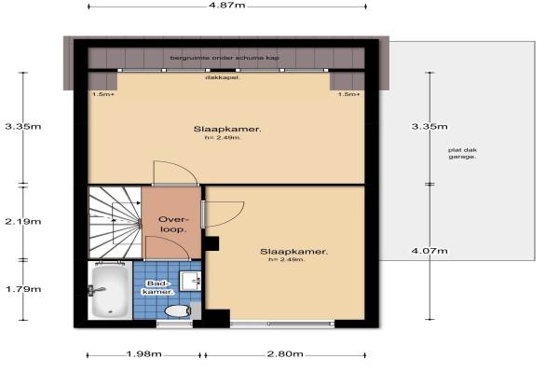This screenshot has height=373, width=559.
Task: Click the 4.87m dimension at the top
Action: pos(227,6)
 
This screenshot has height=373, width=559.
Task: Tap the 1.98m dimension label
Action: pos(144,354)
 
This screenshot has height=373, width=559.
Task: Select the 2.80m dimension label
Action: pos(285,354)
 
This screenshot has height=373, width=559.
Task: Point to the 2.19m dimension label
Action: pos(23,221)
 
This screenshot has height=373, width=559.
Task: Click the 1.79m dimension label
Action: pos(23,289)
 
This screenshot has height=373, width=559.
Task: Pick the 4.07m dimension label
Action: pos(429,251)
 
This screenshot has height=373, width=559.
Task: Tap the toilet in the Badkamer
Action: pos(178,311)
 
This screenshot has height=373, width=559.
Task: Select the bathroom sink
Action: pos(190,281)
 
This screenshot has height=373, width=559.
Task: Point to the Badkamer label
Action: pos(158,287)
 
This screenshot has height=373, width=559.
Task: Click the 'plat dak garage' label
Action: pos(462,153)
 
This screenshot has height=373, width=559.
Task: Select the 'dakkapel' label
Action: pos(222,77)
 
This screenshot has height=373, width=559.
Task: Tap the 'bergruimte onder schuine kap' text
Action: pos(225,58)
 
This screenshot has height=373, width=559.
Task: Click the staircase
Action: pos(115,222)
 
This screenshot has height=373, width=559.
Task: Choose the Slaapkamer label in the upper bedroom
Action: pos(227,129)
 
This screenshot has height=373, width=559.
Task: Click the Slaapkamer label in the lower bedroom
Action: pos(294,251)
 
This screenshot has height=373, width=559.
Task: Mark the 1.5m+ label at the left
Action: pos(103,94)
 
